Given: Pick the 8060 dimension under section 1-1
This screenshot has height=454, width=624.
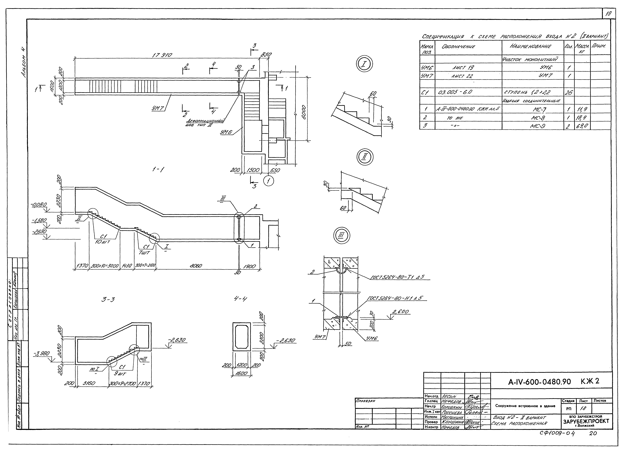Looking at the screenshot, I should (196, 266).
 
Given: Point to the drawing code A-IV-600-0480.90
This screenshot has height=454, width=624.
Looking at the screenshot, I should (539, 382).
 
